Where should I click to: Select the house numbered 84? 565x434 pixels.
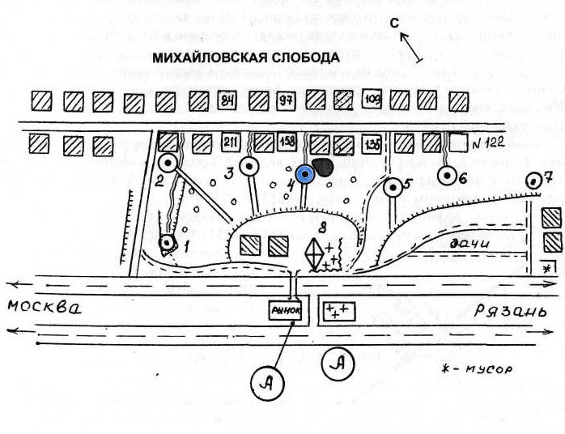228,100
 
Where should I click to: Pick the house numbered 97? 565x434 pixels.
285,100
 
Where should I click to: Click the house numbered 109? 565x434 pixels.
372,100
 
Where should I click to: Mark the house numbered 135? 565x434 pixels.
372,143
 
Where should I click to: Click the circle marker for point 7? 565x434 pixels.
533,181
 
